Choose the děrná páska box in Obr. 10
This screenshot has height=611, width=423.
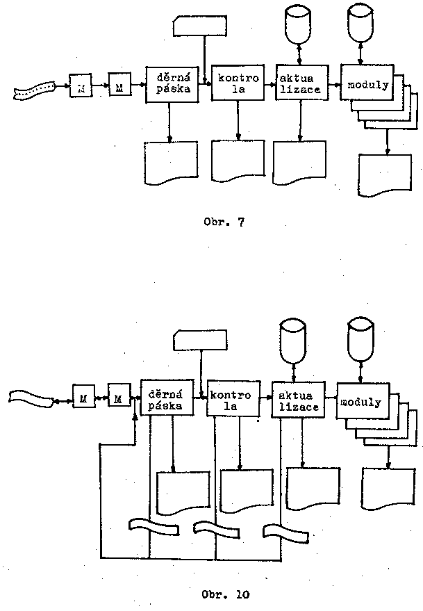(166, 398)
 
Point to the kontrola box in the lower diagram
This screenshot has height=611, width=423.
(233, 398)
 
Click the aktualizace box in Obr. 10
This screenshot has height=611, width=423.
(297, 400)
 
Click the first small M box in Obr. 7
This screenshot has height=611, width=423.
(81, 88)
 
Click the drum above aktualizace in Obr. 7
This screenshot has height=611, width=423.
(298, 22)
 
